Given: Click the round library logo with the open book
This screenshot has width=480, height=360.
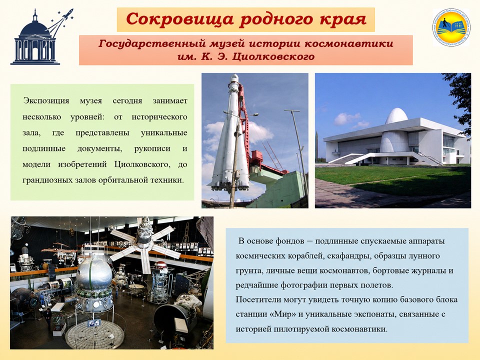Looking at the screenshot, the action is [x=451, y=27].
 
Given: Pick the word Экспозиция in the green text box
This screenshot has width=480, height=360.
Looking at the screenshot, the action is [x=46, y=100].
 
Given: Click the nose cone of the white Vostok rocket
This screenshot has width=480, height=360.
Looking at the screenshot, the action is [x=234, y=78].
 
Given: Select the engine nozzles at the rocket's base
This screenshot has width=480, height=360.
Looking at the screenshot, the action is [x=229, y=185].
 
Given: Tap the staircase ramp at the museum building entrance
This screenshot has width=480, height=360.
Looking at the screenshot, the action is [x=360, y=158].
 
